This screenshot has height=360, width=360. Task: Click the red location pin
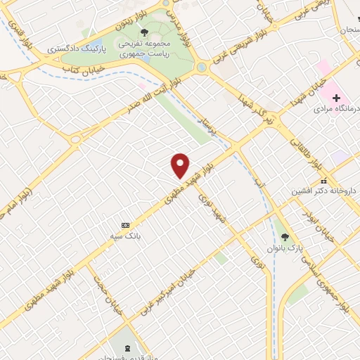coord(181,165)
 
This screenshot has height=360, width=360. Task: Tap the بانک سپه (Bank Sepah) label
coord(124,237)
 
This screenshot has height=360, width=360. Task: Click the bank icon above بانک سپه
coord(125,225)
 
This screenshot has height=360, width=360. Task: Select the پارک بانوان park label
coord(281,248)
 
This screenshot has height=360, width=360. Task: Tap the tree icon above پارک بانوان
coord(284,237)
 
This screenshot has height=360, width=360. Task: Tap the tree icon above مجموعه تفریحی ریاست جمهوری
coord(144,32)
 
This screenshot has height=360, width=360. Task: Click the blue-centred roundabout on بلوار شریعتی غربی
coord(202,67)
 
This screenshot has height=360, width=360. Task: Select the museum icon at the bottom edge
coord(127,349)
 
